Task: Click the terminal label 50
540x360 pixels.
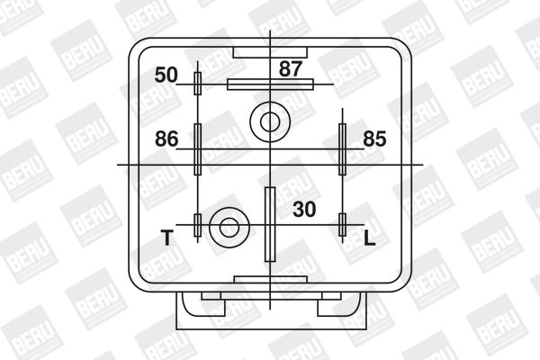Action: [x=166, y=74]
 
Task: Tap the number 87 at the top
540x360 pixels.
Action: [x=291, y=68]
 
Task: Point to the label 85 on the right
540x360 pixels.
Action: [x=375, y=139]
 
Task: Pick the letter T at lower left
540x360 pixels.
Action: [x=166, y=238]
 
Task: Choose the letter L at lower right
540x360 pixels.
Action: [x=369, y=238]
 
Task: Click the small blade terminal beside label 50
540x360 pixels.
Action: [x=198, y=84]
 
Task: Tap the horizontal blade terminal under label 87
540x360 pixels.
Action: [x=270, y=85]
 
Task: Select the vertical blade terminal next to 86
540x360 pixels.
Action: [x=198, y=148]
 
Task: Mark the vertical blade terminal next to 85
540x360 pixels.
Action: [x=342, y=148]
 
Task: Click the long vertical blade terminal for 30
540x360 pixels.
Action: [x=269, y=223]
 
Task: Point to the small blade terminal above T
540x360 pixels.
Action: [x=198, y=225]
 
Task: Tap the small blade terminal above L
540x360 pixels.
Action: [x=342, y=225]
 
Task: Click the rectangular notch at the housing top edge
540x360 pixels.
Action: [x=270, y=51]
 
